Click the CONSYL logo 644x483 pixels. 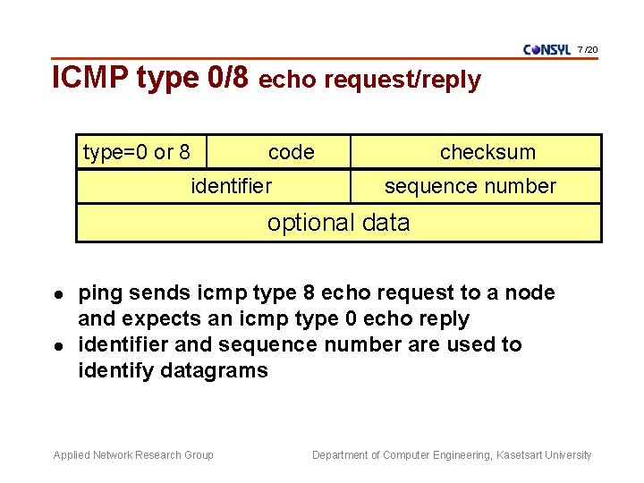point(547,49)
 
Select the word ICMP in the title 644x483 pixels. point(91,78)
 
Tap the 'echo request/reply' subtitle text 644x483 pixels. point(369,80)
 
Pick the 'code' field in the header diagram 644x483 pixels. point(292,152)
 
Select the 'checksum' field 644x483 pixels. point(487,152)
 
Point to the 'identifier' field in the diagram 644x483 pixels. point(232,186)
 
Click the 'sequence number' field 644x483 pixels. point(470,186)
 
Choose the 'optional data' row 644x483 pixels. point(338,223)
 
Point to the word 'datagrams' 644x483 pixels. point(215,370)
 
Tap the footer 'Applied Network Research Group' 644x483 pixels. point(133,455)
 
